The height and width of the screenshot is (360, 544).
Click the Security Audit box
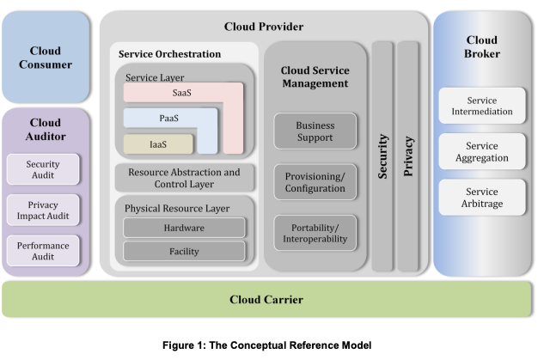point(43,169)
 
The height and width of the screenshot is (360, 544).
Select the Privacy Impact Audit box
point(43,210)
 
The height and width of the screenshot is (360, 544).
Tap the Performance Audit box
point(43,251)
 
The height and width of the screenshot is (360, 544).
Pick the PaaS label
point(168,118)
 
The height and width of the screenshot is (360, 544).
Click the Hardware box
point(184,228)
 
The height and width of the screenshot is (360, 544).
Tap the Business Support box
point(315,131)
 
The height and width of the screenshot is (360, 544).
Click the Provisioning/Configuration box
point(315,183)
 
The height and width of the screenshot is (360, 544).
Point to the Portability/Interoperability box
point(315,233)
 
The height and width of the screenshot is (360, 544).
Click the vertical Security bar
point(382,155)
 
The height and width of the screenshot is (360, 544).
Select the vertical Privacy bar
point(409,155)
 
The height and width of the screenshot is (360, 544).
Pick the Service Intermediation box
point(482,106)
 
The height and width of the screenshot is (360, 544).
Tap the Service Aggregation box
point(482,152)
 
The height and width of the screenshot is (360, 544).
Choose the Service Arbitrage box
point(482,198)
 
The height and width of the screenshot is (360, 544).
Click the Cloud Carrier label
point(266,299)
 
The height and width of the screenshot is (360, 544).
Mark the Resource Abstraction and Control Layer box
point(185,178)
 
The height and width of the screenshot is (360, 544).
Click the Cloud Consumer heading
point(45,58)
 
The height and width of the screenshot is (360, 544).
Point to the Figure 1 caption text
point(271,345)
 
